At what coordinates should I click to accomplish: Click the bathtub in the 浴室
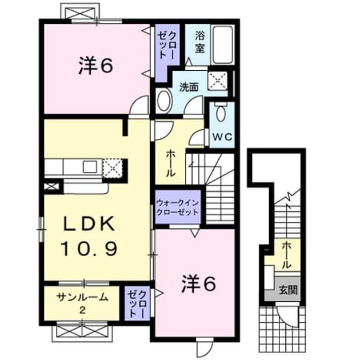coord(222,45)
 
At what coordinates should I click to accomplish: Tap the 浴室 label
coord(200,42)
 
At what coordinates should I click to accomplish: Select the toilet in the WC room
coord(221,112)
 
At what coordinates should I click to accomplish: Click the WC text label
coord(222,137)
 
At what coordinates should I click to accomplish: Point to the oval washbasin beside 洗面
coord(163,101)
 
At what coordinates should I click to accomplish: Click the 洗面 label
coord(189,87)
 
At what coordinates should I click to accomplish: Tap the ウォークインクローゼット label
coord(177,207)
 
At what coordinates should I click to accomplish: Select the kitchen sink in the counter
coord(90,166)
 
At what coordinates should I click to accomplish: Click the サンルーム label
coord(82,298)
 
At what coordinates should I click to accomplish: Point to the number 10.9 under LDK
coord(89,249)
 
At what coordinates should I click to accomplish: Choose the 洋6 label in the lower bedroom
coord(199,284)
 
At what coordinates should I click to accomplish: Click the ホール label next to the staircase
coord(171,163)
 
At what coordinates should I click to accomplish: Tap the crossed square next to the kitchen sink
coord(113,168)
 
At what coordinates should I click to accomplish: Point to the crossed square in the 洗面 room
coord(217,80)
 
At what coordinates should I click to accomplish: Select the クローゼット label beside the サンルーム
coord(137,303)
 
